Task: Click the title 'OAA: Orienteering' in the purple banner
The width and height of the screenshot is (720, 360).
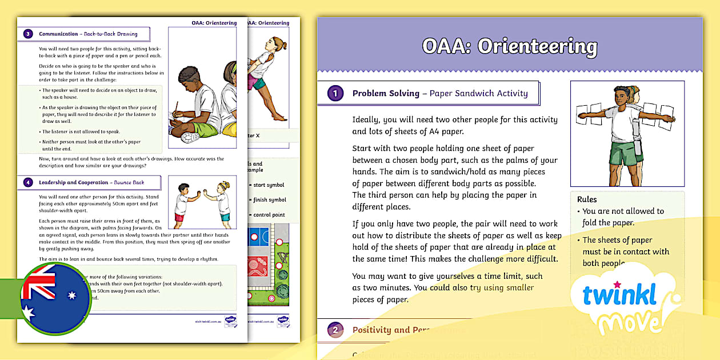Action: [x=510, y=46]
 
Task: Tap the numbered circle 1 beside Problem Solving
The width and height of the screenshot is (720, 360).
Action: [x=335, y=93]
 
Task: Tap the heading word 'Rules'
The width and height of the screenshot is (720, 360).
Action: [x=587, y=199]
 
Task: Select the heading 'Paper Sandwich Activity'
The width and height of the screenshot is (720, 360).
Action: [x=479, y=93]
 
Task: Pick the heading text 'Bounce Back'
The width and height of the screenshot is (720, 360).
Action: [x=130, y=183]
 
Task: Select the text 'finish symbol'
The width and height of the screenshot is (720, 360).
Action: [x=269, y=200]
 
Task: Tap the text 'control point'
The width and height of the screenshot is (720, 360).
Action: [x=269, y=215]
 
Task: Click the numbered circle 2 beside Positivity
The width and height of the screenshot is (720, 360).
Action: [x=335, y=330]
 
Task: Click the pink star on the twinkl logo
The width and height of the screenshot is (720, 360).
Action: [x=617, y=283]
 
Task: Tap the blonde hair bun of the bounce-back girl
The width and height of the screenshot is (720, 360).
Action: [x=226, y=184]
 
